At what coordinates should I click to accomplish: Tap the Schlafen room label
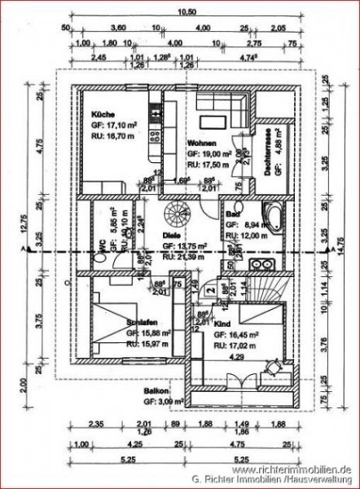pos(142,322)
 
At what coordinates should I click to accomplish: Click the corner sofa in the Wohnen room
pos(232,113)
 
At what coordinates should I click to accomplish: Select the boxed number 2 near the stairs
pos(210,289)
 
